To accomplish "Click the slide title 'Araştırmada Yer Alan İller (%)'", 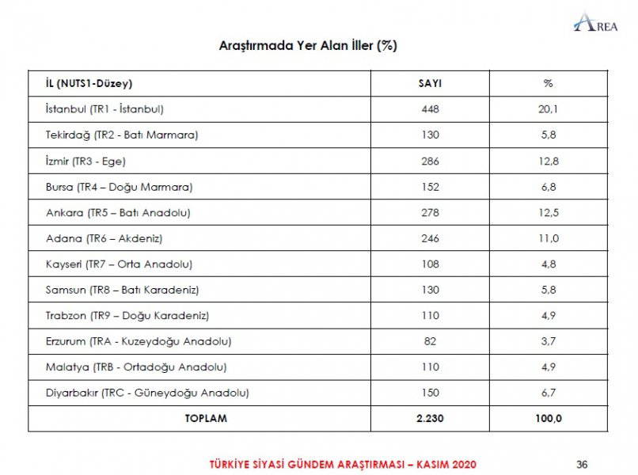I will [308, 46].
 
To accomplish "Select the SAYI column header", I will [430, 83].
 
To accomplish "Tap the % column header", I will [548, 83].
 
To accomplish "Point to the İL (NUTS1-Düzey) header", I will [89, 83].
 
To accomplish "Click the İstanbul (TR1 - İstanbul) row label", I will [104, 109].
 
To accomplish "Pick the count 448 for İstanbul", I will [430, 109].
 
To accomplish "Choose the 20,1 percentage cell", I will [548, 109].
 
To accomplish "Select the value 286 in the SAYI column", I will [430, 161].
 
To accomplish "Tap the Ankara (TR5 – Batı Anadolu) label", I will [118, 212].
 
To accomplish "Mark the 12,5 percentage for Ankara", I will [548, 212].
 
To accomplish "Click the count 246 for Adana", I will [430, 238].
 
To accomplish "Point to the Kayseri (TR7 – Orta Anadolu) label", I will [119, 264].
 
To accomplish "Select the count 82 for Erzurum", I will [430, 341].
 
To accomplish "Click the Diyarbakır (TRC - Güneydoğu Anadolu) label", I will [147, 393].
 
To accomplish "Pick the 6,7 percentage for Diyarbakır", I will [548, 393].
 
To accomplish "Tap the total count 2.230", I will [430, 419].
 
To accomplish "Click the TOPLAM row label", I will [207, 419].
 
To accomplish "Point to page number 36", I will [582, 463].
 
